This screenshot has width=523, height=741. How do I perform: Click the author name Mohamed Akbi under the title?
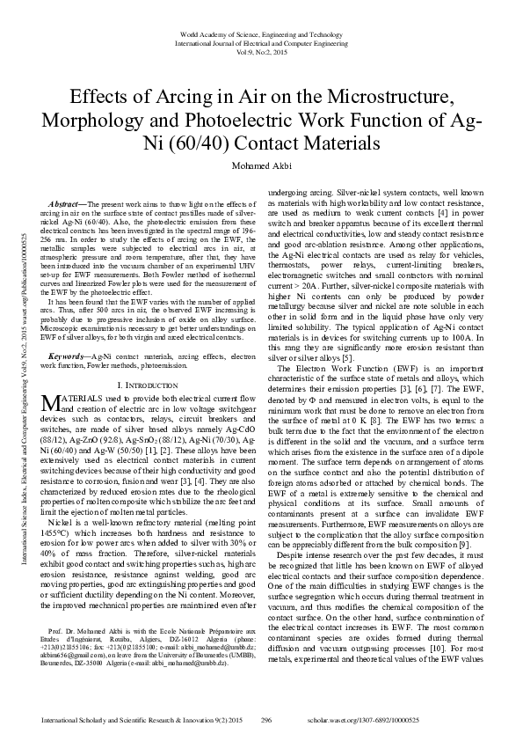click(x=261, y=167)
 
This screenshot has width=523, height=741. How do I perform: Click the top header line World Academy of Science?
click(x=261, y=33)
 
